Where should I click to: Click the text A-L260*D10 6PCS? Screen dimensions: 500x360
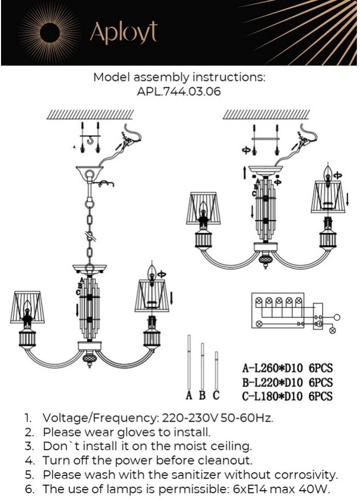tap(287, 369)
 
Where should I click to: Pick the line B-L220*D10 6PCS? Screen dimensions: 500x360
tap(287, 382)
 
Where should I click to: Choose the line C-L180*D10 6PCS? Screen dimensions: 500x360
tap(287, 396)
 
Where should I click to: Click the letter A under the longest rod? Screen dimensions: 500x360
tap(189, 396)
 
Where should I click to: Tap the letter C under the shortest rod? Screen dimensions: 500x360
tap(216, 396)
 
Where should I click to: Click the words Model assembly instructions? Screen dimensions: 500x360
tap(179, 78)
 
